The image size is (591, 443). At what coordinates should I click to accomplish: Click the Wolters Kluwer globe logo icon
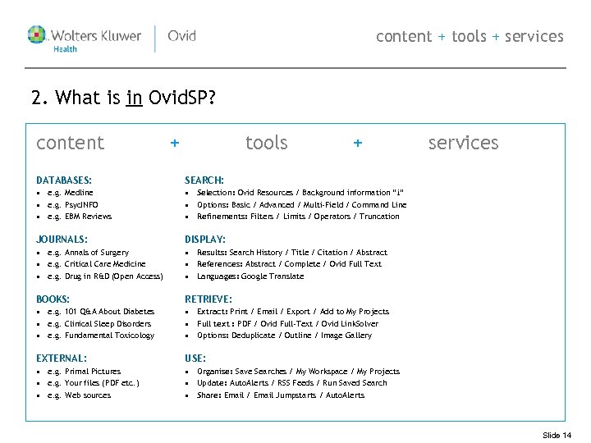[38, 35]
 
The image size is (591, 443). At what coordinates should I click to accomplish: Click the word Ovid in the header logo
[181, 36]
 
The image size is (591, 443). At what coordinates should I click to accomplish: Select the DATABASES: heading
[64, 180]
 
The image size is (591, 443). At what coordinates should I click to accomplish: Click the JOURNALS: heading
[62, 240]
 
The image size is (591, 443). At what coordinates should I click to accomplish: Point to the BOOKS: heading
[53, 299]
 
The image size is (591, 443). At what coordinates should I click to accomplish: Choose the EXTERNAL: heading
[62, 359]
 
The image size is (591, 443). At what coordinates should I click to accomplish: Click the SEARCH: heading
[204, 180]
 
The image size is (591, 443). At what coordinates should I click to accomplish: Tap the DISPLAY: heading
[205, 240]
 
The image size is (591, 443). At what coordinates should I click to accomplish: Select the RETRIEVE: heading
[208, 299]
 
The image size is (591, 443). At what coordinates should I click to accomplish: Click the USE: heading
[195, 359]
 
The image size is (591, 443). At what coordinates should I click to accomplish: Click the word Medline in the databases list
[79, 193]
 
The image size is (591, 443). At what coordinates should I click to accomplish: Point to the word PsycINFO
[82, 204]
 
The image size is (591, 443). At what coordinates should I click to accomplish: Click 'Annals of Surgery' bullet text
[97, 253]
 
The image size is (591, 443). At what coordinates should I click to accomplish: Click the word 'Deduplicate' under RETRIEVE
[259, 336]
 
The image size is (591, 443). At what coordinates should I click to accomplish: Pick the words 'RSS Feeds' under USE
[295, 383]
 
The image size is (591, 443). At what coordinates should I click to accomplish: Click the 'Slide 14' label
[557, 435]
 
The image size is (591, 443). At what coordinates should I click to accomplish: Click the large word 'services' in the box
[463, 143]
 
